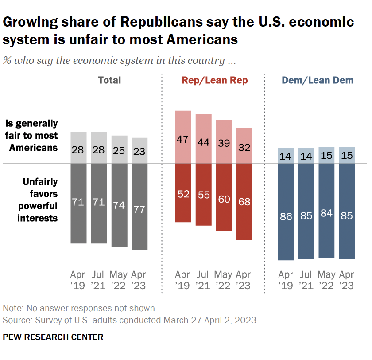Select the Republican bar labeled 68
pos(244,202)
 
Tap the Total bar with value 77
pos(139,207)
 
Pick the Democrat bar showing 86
pos(286,212)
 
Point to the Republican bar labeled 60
pos(224,197)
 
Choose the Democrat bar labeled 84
pos(326,211)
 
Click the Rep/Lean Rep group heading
pos(214,80)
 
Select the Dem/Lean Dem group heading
pos(318,80)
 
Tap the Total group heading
pos(109,80)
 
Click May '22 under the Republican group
pos(224,280)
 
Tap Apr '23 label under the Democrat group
pos(347,280)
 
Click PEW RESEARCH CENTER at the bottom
pos(53,337)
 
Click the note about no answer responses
pos(80,308)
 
